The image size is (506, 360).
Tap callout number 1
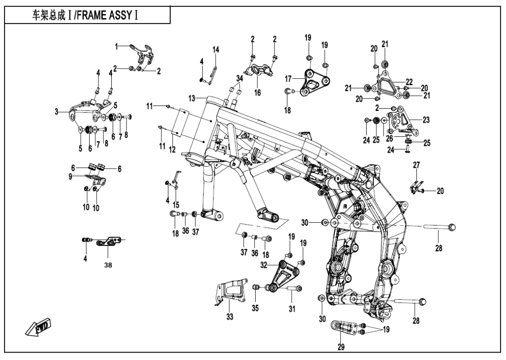[x=117, y=46]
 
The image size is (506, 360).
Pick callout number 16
[x=258, y=93]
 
